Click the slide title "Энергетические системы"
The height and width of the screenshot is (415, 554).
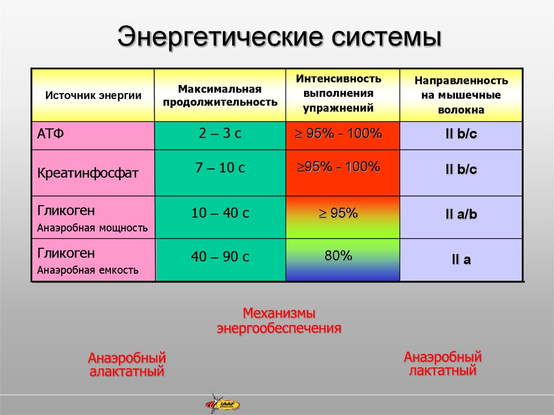[x=280, y=37]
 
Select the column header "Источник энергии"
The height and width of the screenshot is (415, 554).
[x=93, y=95]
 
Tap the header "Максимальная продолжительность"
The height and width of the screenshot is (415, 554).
[x=220, y=95]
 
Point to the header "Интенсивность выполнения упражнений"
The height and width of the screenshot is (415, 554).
[x=339, y=93]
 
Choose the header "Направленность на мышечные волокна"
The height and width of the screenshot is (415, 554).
[x=461, y=95]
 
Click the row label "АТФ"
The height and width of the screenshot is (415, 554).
[x=50, y=134]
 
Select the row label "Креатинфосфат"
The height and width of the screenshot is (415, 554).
[x=88, y=173]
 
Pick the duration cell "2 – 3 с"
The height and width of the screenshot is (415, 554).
[x=220, y=133]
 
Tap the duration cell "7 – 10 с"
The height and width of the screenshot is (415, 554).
[x=220, y=168]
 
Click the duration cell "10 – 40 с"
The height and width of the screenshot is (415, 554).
[x=220, y=213]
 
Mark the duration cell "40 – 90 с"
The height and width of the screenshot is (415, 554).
[x=220, y=256]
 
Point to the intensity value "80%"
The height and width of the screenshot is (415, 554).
[x=339, y=255]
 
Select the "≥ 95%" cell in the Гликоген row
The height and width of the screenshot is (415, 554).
[x=339, y=213]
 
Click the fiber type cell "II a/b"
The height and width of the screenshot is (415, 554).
[x=461, y=214]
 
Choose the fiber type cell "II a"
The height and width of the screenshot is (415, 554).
[x=461, y=260]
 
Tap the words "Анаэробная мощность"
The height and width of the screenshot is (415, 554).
[x=92, y=228]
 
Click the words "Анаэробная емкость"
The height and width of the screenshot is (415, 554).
[x=88, y=271]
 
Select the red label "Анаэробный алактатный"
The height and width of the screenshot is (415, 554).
[x=127, y=365]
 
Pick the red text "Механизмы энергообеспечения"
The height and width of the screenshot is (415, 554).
[x=279, y=321]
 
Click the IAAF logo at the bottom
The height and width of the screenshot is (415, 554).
[x=222, y=404]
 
